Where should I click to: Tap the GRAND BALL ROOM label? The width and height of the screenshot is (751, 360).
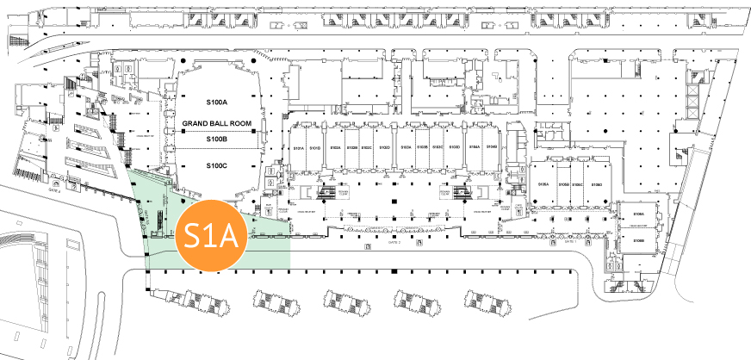(216, 124)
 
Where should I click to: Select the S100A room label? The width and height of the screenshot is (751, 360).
(216, 103)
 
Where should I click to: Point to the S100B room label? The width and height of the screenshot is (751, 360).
(216, 139)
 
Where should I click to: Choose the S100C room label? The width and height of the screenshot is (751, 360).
(216, 165)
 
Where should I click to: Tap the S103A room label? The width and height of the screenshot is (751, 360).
(407, 148)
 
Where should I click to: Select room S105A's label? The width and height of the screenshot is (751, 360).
(544, 185)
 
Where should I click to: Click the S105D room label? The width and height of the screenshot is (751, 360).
(594, 185)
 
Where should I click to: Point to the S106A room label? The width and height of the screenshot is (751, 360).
(639, 213)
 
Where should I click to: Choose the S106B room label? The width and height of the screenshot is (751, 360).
(639, 240)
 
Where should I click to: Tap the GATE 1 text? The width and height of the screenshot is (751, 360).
(569, 243)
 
